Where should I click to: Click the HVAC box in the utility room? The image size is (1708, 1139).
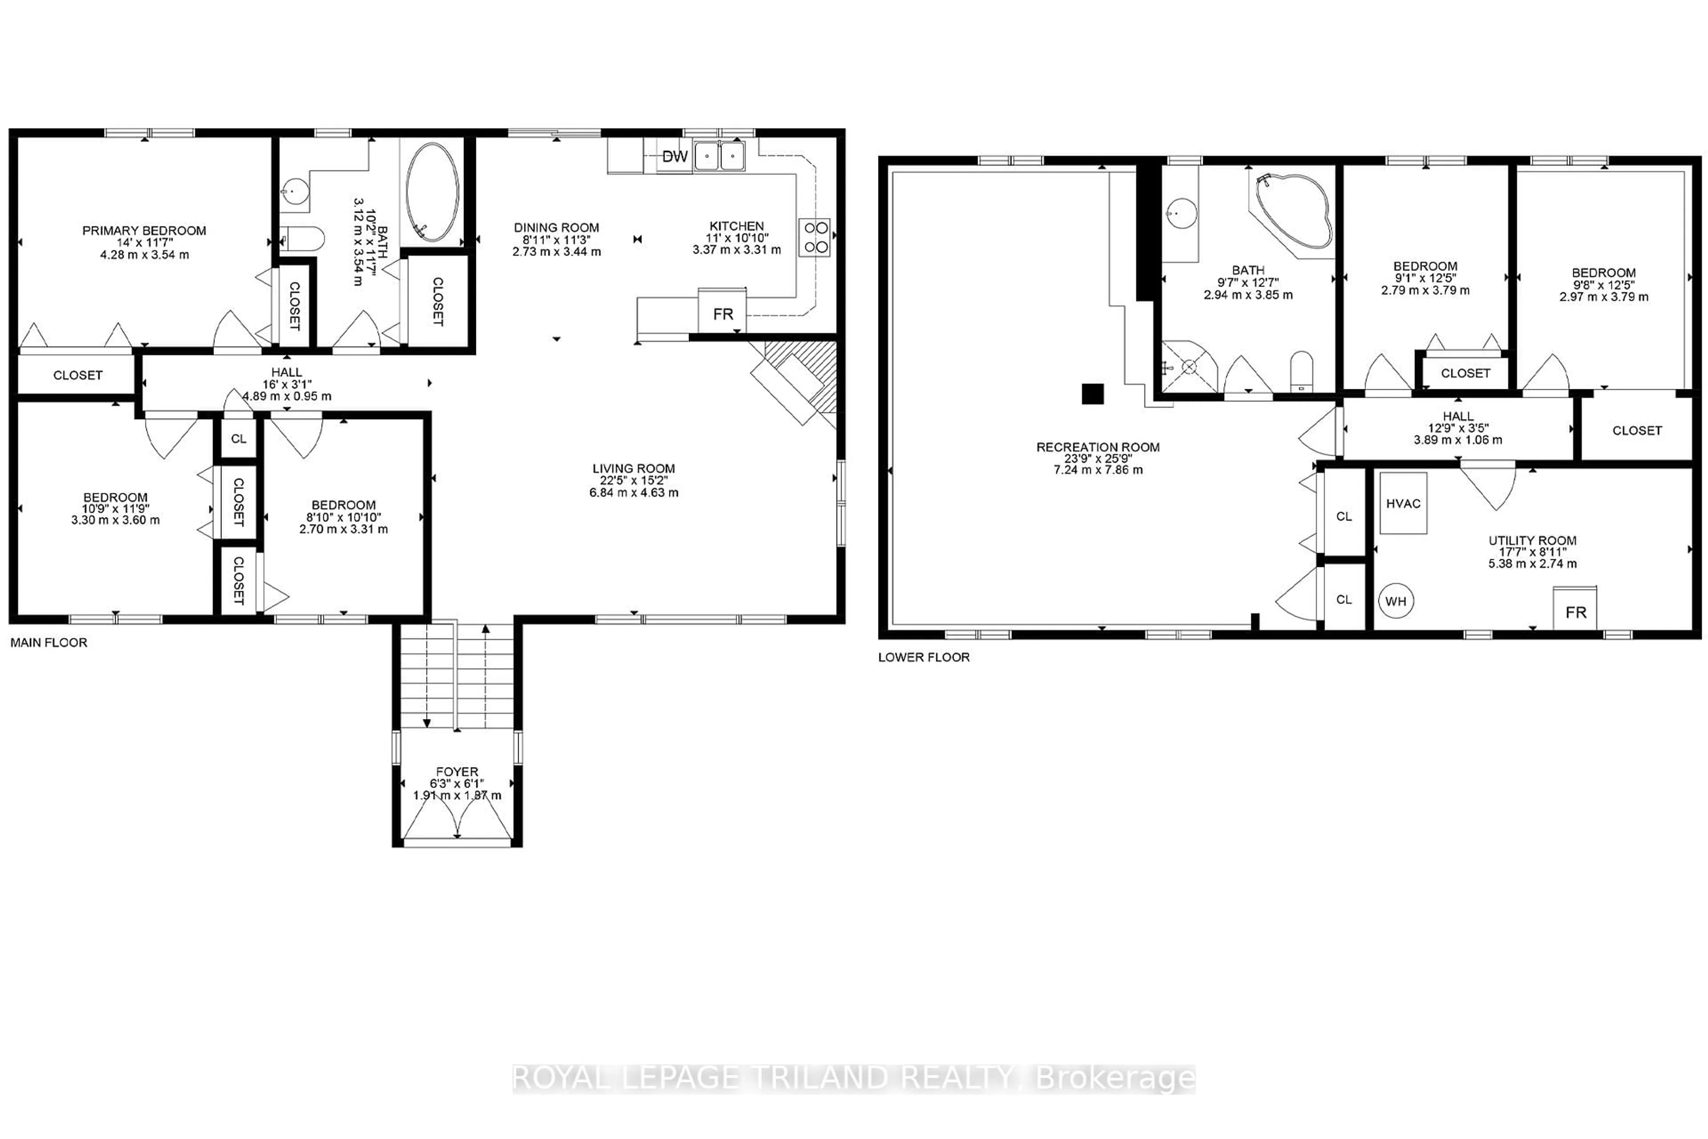coord(1403,503)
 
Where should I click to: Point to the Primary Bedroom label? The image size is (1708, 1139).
coord(144,230)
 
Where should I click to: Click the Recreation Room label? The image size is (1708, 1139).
coord(1097,447)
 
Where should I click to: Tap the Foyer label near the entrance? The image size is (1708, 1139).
coord(457,771)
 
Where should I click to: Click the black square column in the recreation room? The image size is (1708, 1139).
coord(1092,394)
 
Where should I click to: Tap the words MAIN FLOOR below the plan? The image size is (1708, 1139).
coord(48,642)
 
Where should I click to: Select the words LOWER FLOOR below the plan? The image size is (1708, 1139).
coord(924,657)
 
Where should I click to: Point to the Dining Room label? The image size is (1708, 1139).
coord(556,227)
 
